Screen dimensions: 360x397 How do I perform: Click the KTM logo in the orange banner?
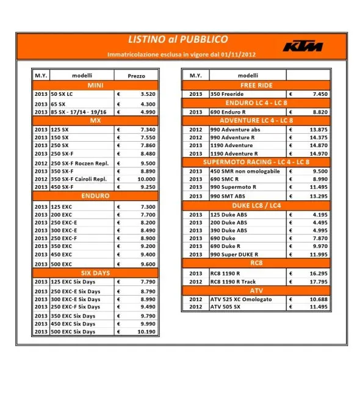point(303,46)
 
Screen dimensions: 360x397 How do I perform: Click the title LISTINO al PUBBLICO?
point(178,40)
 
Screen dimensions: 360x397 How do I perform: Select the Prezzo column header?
point(137,75)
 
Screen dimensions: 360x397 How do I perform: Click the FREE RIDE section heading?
point(256,86)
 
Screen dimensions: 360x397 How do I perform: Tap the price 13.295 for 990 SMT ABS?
point(318,196)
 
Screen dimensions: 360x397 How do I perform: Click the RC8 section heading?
point(256,263)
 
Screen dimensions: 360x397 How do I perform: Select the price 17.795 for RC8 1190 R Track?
point(318,282)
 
